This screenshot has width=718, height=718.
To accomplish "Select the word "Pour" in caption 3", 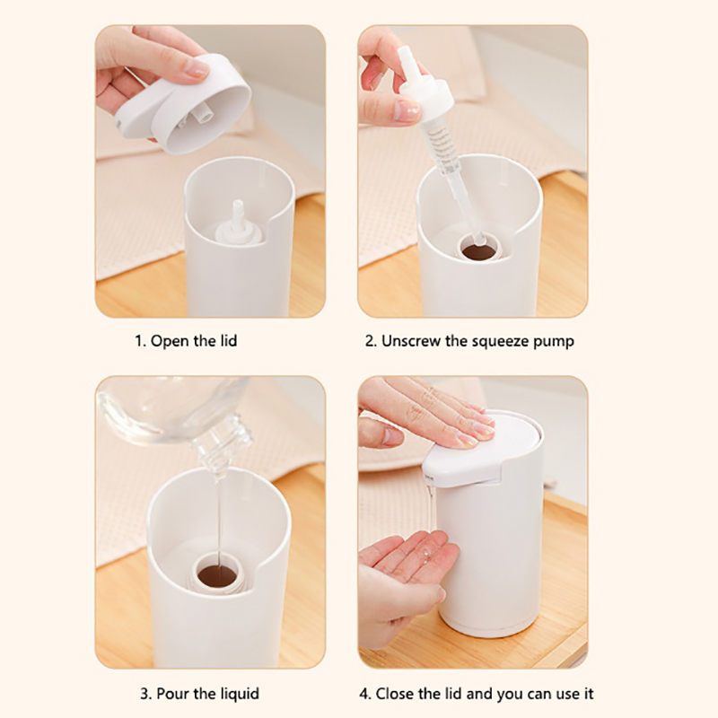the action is [x=171, y=694].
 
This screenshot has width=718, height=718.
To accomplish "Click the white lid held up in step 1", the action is [x=183, y=104].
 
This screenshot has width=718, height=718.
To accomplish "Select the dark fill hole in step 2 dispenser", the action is [x=479, y=251].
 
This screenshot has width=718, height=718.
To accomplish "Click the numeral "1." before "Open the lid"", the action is [x=140, y=341].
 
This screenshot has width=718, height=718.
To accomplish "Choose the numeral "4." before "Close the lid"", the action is [x=365, y=694].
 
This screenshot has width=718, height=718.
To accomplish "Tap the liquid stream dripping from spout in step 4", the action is [x=431, y=503].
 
